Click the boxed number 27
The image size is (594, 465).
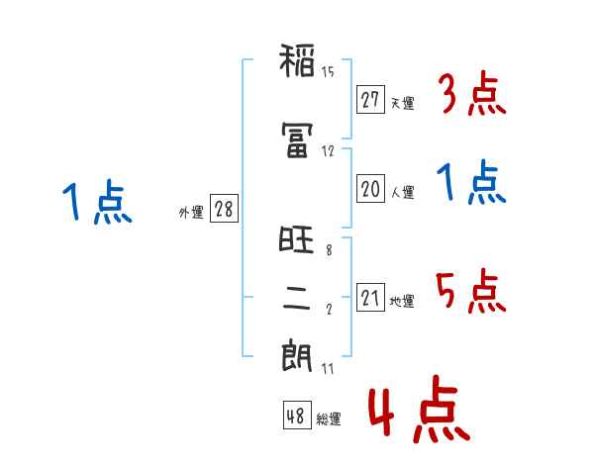click(x=371, y=100)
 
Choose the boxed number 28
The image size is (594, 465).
click(x=224, y=210)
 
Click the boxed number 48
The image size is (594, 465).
click(x=296, y=417)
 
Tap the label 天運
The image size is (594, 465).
click(x=402, y=103)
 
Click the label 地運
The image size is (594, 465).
click(x=402, y=302)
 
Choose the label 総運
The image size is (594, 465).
click(x=329, y=419)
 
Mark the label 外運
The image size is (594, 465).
click(x=190, y=213)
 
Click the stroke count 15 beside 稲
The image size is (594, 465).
click(x=328, y=71)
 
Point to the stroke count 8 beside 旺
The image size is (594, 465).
click(x=329, y=251)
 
